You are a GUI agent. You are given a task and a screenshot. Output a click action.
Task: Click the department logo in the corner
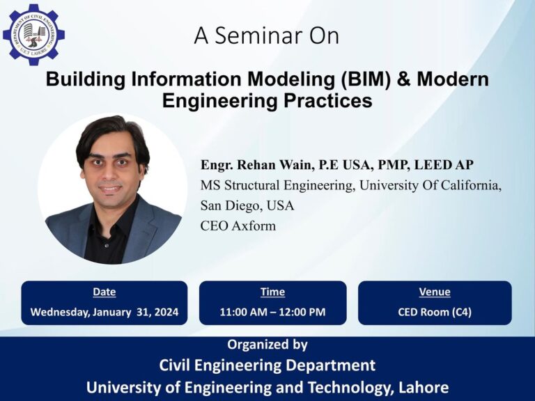(33, 33)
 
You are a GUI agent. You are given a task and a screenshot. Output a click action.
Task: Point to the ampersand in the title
(404, 79)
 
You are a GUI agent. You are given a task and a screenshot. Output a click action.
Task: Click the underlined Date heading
(104, 292)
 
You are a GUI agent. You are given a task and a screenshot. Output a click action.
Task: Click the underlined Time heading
(272, 292)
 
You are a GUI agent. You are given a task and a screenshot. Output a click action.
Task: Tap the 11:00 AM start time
(242, 312)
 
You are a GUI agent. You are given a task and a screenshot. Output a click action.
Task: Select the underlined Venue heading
(434, 292)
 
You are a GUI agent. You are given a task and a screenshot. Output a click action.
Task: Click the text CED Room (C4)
(434, 312)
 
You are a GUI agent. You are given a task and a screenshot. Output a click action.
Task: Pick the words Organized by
(267, 345)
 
